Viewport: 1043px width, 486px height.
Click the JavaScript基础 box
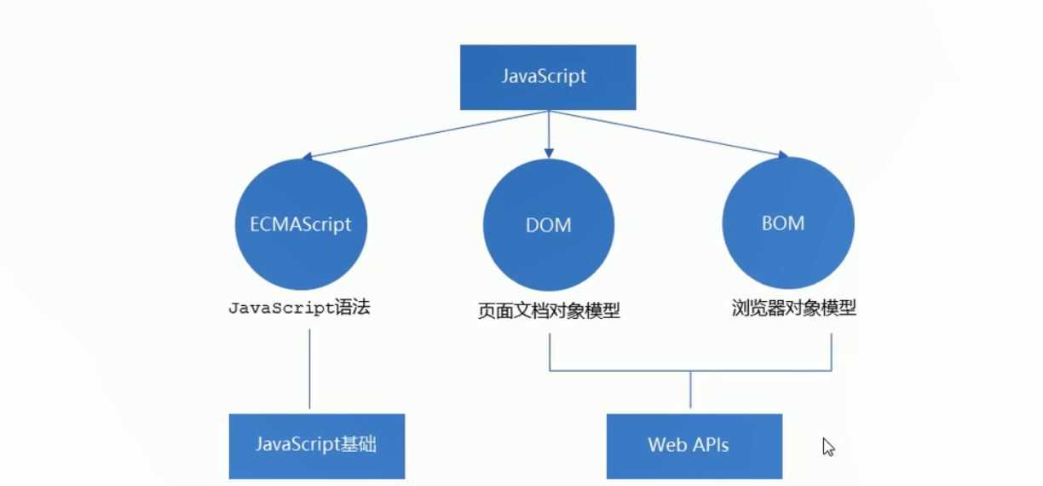pos(316,446)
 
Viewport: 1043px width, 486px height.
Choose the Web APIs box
pos(694,446)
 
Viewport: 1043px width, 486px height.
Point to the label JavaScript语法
pos(299,308)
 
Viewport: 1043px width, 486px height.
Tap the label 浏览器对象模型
pos(793,308)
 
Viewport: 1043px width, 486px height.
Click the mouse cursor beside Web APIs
pos(827,447)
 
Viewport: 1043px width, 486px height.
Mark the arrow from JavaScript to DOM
pos(548,132)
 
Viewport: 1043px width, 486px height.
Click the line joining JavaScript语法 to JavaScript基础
pos(309,368)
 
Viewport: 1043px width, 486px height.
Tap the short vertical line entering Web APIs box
pos(690,392)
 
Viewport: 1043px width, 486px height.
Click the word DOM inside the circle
pos(549,225)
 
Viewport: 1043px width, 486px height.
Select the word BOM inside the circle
pos(782,223)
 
